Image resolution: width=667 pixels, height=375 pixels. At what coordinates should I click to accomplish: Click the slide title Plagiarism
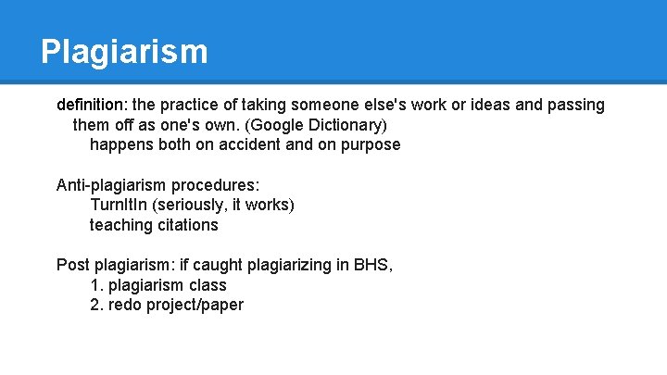tap(124, 51)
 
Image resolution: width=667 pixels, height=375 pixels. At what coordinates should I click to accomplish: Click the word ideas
tap(490, 105)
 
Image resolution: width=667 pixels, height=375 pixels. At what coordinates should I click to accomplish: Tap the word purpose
tap(370, 145)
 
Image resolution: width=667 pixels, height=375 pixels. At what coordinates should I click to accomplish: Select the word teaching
tap(121, 225)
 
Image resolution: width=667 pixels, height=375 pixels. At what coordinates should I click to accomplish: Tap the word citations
tap(188, 225)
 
